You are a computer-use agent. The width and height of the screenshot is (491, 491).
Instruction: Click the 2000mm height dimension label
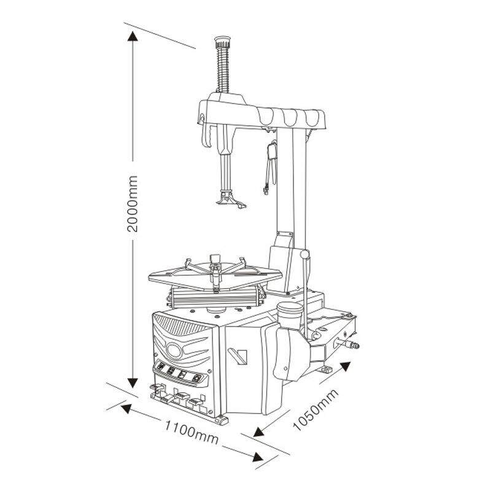(x=133, y=204)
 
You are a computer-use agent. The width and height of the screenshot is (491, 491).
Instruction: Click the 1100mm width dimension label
(x=191, y=433)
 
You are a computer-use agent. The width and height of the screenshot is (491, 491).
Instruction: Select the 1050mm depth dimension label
(x=315, y=410)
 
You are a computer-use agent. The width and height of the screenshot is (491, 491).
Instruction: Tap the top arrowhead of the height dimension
(x=133, y=36)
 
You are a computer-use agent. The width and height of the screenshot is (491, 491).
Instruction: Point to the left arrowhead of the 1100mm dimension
(x=126, y=409)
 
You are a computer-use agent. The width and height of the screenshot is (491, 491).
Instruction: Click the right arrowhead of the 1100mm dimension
(x=258, y=457)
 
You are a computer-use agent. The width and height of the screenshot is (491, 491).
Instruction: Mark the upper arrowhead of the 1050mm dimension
(x=345, y=366)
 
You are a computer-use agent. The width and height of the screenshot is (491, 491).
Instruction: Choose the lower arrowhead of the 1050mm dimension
(x=258, y=432)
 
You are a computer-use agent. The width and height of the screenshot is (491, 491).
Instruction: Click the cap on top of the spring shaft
(x=222, y=41)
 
